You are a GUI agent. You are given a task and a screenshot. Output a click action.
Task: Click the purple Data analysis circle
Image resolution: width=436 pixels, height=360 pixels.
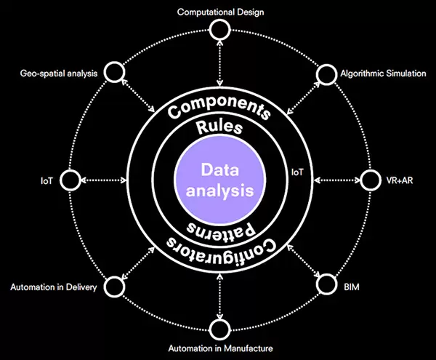pos(218,180)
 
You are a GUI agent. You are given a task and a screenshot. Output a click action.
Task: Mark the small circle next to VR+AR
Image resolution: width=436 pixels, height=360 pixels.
pos(370,179)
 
